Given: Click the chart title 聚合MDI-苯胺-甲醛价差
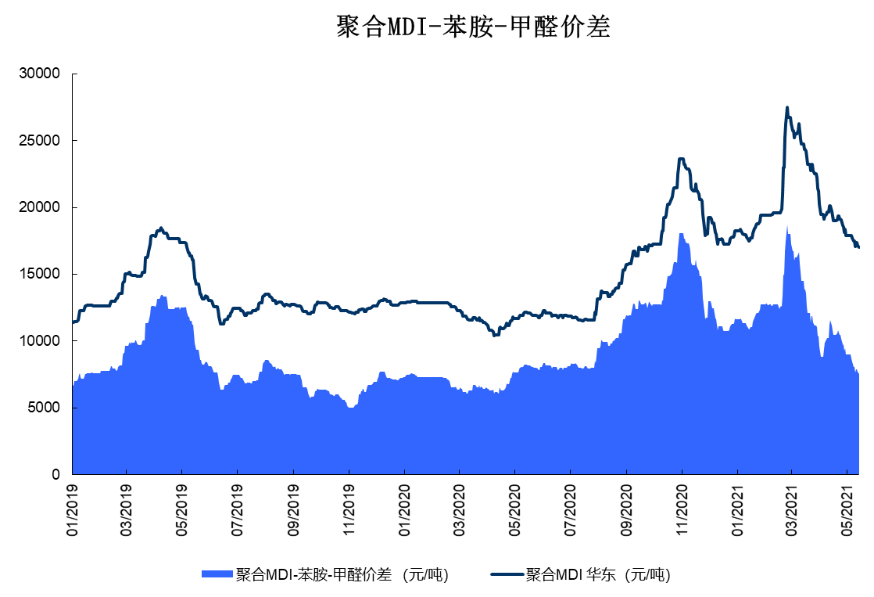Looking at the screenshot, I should [x=472, y=27].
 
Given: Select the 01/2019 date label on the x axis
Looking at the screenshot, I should [x=73, y=509].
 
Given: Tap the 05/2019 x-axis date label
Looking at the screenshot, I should [x=182, y=509].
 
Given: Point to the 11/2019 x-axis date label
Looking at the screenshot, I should [x=349, y=509].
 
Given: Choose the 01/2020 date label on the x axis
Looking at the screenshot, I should [x=404, y=509].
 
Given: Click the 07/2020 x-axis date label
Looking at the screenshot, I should [x=571, y=509].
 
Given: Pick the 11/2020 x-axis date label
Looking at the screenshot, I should [x=682, y=509].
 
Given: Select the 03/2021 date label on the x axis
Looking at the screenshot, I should [x=792, y=509].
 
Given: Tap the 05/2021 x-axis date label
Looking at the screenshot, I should [x=848, y=509].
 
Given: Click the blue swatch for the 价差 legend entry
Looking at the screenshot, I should [x=218, y=574].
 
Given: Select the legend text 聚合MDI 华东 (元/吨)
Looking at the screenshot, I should [x=598, y=574].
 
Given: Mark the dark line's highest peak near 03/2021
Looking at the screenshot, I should [x=787, y=108].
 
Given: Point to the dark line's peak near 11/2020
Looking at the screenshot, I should [x=682, y=159].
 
